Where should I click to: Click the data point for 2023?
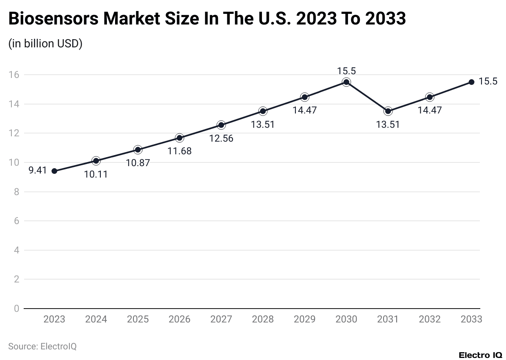click(x=54, y=171)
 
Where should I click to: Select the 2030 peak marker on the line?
click(x=346, y=82)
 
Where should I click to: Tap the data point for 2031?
click(x=388, y=111)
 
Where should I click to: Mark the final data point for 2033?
click(x=471, y=82)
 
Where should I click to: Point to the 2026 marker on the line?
click(x=180, y=138)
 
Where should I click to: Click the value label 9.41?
click(x=38, y=170)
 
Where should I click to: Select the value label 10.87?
click(x=138, y=163)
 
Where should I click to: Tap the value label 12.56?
click(x=221, y=138)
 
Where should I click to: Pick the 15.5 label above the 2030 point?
click(x=346, y=71)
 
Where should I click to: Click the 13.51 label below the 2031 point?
click(x=388, y=124)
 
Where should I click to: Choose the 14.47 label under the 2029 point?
click(x=304, y=110)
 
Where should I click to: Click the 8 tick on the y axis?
click(x=16, y=192)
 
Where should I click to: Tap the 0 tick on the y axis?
click(x=16, y=309)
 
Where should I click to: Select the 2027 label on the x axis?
click(x=221, y=319)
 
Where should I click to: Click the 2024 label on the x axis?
click(x=96, y=319)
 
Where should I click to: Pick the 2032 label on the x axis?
click(x=429, y=319)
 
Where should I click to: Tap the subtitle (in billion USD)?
click(x=45, y=44)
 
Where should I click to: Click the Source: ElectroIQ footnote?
click(x=42, y=347)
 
